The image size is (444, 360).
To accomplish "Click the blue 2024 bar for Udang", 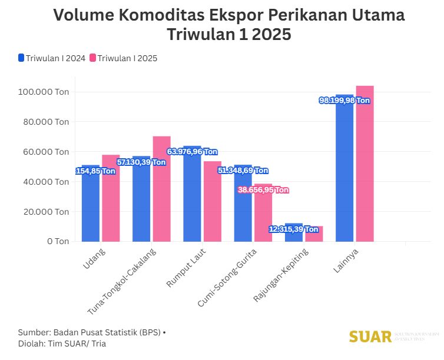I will tap(90, 206).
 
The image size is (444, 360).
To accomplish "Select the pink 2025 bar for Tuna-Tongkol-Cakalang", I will tap(161, 188).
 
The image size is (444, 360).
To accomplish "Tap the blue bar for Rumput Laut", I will tap(192, 200).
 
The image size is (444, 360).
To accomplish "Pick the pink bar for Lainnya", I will tap(365, 165).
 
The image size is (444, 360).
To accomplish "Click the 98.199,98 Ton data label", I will tap(344, 101).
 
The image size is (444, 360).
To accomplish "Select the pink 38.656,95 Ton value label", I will tap(263, 190).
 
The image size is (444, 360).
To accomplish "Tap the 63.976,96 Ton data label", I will tap(193, 151).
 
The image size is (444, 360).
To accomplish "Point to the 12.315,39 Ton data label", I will tap(294, 229).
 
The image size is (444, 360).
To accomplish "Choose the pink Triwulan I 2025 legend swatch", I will tap(92, 58).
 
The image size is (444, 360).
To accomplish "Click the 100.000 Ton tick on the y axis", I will tap(44, 92).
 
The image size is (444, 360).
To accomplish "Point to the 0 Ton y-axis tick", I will tap(59, 241).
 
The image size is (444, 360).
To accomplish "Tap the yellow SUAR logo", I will tap(370, 337).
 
